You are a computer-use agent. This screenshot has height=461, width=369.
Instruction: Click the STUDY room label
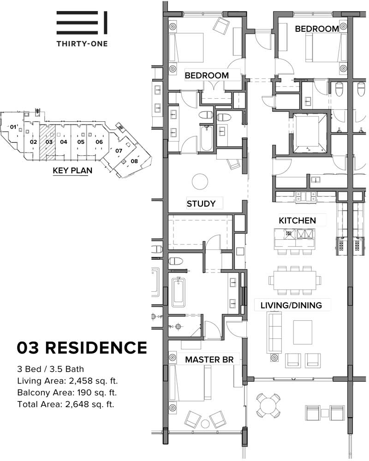(x=201, y=203)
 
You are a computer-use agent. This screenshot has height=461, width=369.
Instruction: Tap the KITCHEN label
(x=297, y=220)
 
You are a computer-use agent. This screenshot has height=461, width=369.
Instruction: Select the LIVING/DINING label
(x=291, y=305)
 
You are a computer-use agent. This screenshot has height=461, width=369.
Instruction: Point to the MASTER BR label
(x=209, y=359)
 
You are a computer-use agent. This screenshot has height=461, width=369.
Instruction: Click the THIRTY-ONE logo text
(x=82, y=44)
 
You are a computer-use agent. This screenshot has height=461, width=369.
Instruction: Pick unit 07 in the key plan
(x=119, y=151)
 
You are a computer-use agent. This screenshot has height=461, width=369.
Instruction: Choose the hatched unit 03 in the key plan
(x=48, y=142)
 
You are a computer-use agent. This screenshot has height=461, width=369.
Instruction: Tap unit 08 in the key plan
(x=134, y=161)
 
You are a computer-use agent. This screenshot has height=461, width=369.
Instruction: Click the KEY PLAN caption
(x=72, y=171)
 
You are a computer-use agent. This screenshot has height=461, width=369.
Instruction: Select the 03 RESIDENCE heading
(x=82, y=348)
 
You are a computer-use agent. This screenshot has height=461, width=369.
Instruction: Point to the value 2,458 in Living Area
(x=80, y=381)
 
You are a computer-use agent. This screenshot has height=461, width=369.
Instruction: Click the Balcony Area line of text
(x=67, y=392)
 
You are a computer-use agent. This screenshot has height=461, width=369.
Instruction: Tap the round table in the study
(x=200, y=182)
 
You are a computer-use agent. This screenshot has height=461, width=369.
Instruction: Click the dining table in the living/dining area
(x=295, y=280)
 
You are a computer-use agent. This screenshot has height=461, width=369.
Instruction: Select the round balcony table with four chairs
(x=268, y=405)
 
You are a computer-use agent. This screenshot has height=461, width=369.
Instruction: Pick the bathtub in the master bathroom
(x=179, y=292)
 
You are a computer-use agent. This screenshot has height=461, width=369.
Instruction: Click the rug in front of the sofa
(x=303, y=332)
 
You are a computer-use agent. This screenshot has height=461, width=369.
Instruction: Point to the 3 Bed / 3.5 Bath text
(x=51, y=369)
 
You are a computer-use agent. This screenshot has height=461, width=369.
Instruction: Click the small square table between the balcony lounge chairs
(x=325, y=413)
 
